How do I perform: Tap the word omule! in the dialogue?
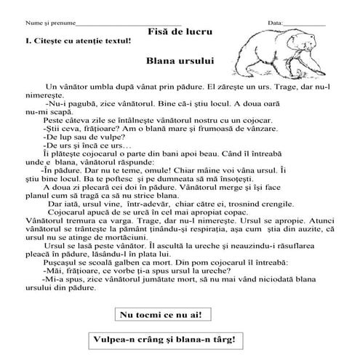pyautogui.click(x=151, y=170)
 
